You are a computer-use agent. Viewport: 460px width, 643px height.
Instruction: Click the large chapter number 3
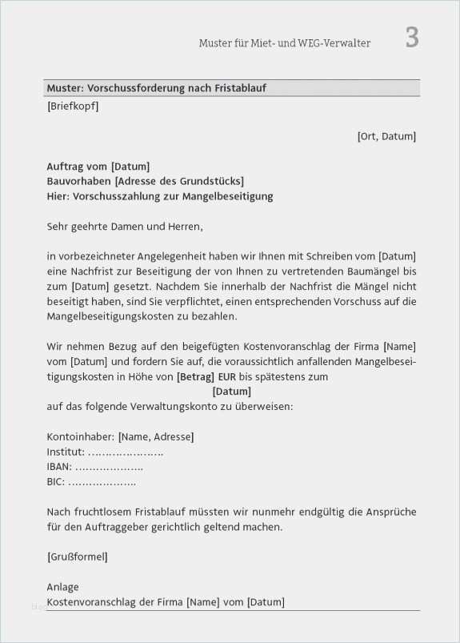click(x=411, y=38)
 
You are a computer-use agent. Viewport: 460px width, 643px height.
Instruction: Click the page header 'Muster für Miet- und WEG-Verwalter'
click(x=284, y=43)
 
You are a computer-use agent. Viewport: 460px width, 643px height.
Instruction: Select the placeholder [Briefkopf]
click(x=73, y=106)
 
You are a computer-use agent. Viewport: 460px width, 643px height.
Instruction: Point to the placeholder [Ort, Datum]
click(x=386, y=137)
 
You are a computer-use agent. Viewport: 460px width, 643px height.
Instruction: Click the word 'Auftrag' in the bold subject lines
click(x=65, y=167)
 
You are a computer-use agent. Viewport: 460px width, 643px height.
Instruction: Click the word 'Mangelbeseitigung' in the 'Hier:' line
click(x=230, y=196)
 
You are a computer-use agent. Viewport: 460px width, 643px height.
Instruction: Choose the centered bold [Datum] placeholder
click(x=232, y=392)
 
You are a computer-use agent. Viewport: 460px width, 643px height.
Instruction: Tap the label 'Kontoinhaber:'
click(x=80, y=436)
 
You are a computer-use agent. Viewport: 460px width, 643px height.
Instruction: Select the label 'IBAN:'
click(x=59, y=467)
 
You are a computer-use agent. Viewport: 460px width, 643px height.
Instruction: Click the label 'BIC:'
click(x=56, y=482)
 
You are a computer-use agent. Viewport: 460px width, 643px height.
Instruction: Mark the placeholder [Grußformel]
click(x=77, y=557)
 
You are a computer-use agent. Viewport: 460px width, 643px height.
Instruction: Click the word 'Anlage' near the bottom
click(x=62, y=587)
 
